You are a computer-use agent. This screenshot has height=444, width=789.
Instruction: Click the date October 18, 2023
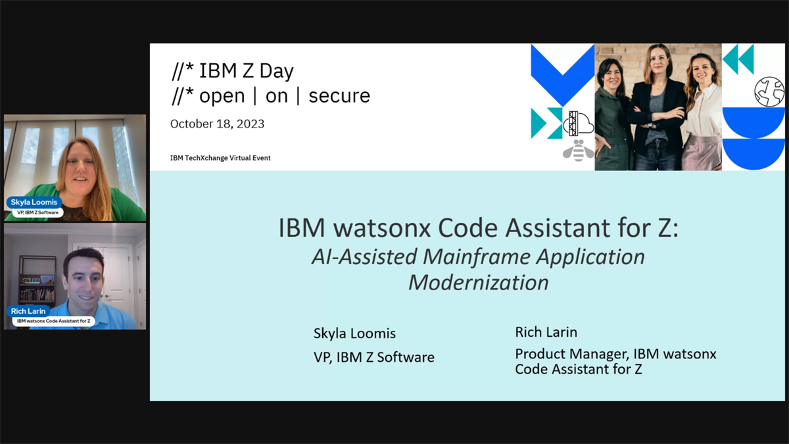pos(217,124)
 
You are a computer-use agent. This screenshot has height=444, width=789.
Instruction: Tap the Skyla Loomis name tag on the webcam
pos(34,202)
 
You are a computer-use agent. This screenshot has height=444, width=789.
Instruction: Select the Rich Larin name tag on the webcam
pos(28,311)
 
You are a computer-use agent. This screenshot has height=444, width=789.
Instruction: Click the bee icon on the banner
pos(578,150)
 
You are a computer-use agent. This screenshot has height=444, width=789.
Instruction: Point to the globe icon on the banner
pos(769,92)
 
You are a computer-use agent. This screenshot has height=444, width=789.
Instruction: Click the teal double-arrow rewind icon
pos(738,59)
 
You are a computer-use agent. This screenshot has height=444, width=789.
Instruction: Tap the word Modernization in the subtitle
pos(478,282)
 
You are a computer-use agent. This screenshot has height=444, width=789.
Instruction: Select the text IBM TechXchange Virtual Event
pos(220,158)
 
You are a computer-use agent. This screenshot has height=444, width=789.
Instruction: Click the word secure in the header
pos(339,96)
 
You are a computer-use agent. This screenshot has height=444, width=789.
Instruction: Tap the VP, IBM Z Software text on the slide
pos(374,357)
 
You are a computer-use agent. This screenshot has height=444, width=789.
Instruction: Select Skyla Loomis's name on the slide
pos(354,333)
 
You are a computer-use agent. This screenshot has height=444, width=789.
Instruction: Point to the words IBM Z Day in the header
pos(246,70)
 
